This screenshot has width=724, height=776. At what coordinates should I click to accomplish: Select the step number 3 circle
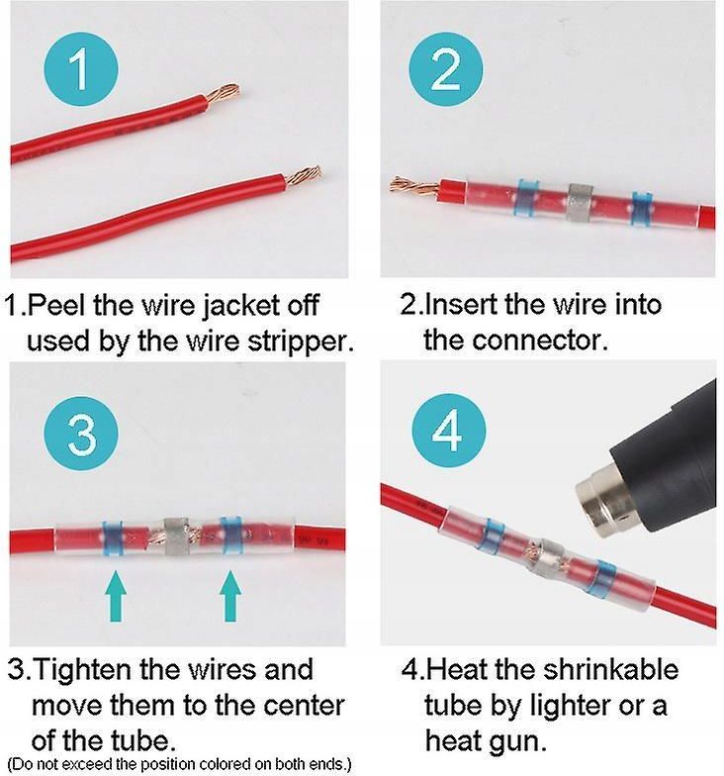click(x=80, y=433)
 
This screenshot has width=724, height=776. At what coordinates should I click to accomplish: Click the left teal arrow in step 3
click(x=116, y=596)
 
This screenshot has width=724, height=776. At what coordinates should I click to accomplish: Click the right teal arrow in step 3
click(x=230, y=596)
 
